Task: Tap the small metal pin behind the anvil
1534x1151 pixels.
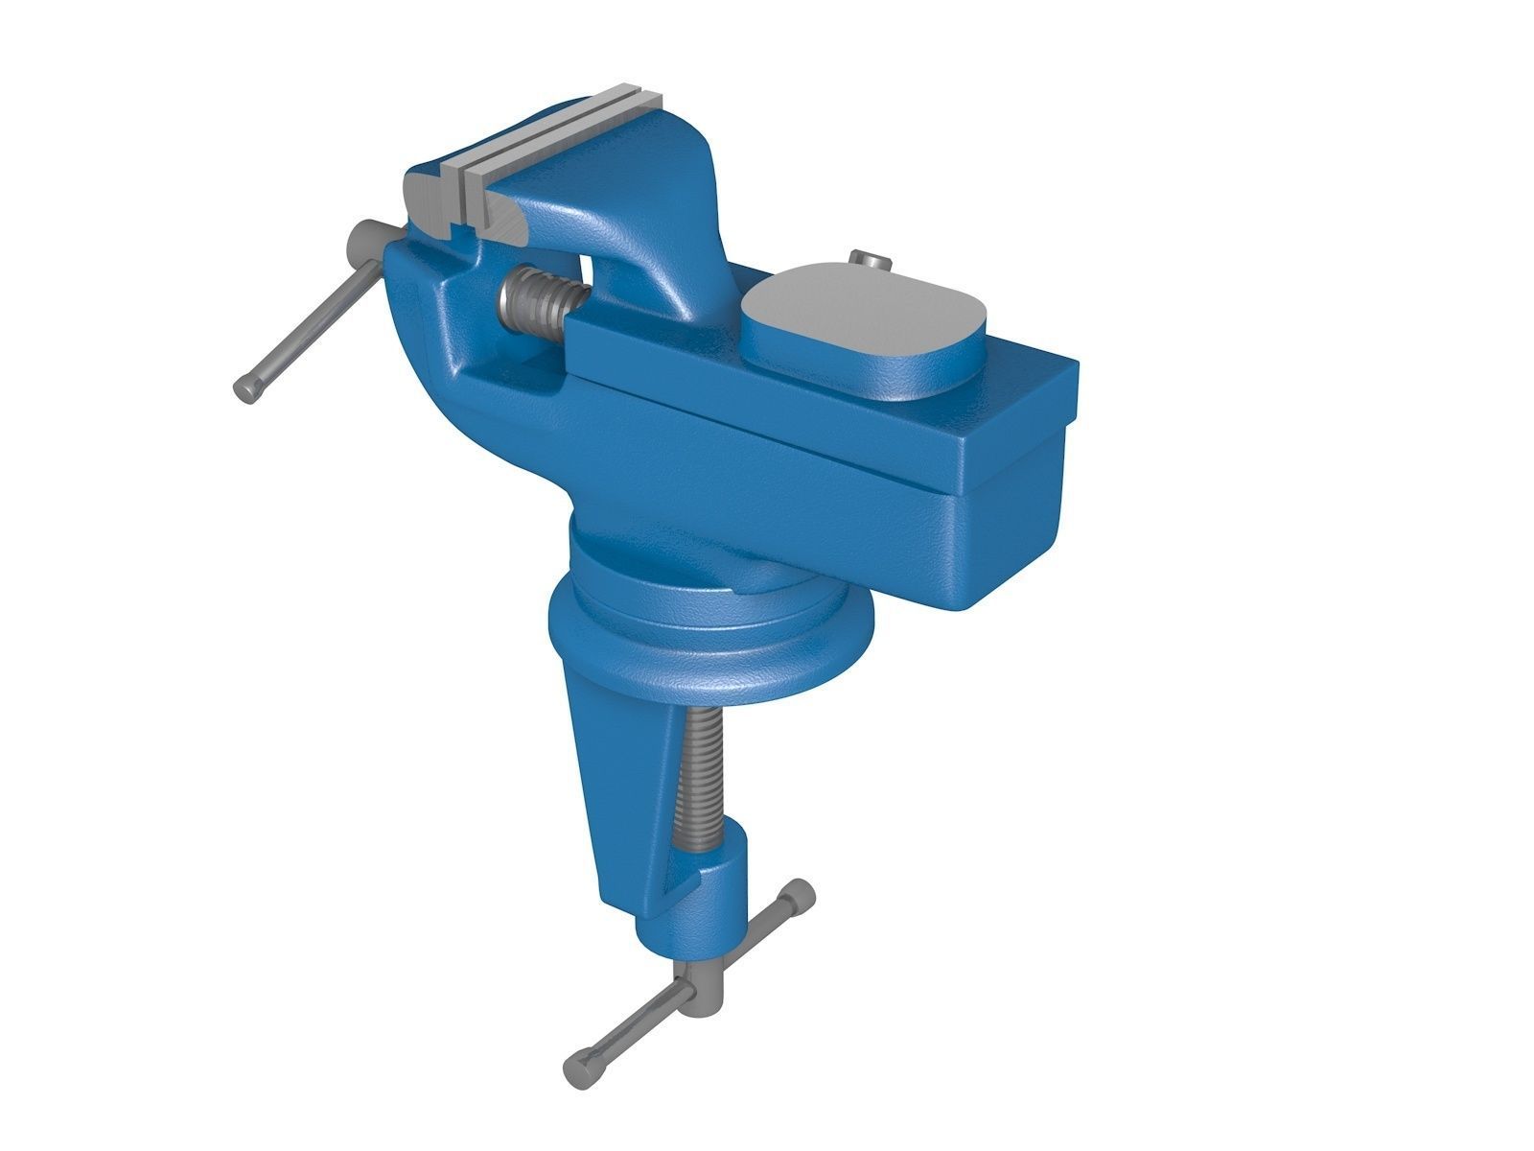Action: tap(870, 260)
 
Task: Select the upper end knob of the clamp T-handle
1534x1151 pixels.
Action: tap(797, 898)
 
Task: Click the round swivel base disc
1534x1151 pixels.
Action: tap(709, 643)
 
